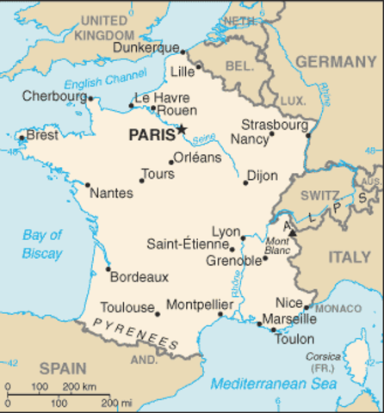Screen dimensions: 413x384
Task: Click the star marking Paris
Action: [183, 130]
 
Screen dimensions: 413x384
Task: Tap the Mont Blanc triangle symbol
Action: [292, 231]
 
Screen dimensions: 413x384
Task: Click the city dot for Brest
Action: [21, 136]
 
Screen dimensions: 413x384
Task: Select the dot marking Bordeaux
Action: [108, 269]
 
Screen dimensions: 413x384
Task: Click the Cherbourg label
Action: [53, 96]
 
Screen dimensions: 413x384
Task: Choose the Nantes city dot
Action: [87, 184]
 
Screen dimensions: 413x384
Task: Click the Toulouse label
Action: [126, 306]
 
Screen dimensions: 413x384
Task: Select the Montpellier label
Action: [199, 305]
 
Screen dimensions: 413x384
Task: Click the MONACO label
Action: [338, 308]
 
